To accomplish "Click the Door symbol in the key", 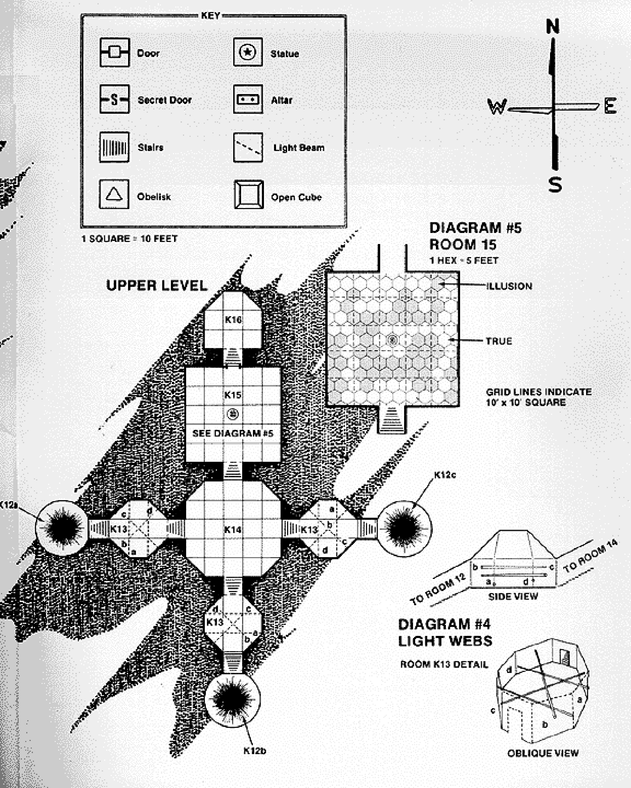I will tap(114, 52).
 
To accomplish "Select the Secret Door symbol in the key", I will tap(114, 99).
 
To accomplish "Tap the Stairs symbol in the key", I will tap(114, 147).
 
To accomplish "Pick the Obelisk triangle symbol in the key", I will tap(114, 194).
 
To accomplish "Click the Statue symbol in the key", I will tap(248, 52).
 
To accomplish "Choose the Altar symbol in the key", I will tap(248, 99).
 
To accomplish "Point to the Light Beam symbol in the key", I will tap(248, 147).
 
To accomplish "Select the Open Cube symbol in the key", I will tap(249, 194).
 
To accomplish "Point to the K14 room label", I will tap(233, 530).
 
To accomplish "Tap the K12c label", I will tap(445, 475).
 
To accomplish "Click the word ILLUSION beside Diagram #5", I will tap(509, 286).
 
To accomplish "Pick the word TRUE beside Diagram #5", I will tap(498, 341).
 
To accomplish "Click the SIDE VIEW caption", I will tap(513, 597).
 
